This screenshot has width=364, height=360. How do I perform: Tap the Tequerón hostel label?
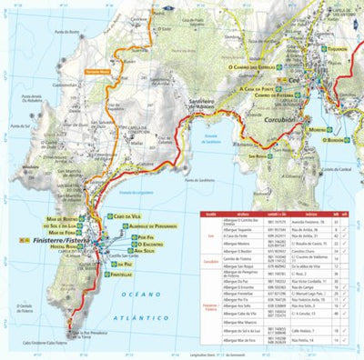click(338, 49)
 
